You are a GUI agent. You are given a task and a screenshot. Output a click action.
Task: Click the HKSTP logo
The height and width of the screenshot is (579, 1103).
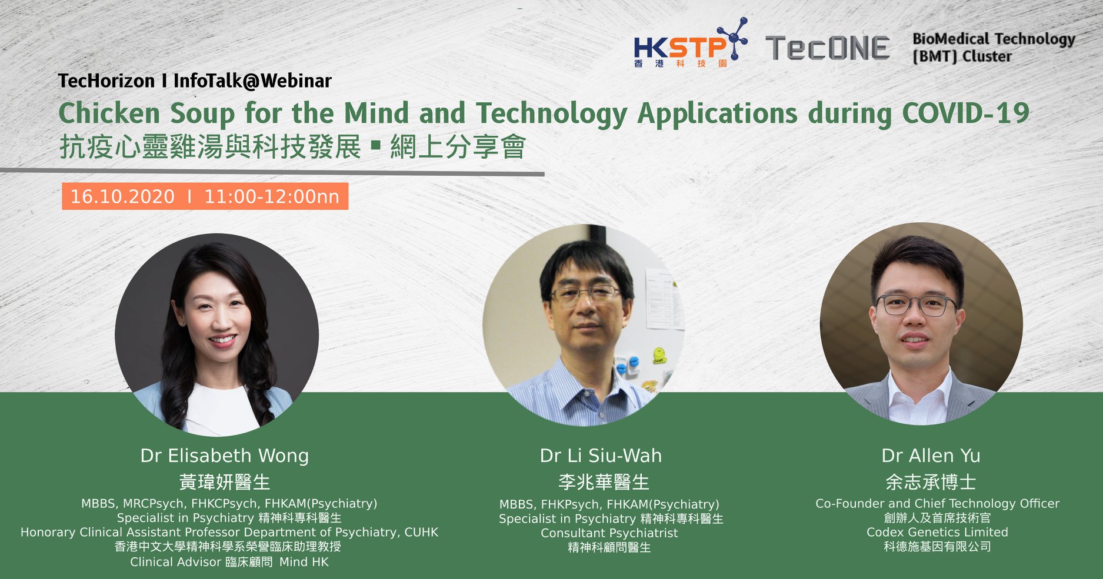[x=691, y=43]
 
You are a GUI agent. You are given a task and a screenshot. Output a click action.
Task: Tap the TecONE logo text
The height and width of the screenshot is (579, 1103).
[x=827, y=48]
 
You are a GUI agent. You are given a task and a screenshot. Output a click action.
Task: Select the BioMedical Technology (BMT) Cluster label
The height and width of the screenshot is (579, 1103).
[x=994, y=47]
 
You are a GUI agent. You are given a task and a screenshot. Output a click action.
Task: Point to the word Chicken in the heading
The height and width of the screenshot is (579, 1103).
[x=109, y=113]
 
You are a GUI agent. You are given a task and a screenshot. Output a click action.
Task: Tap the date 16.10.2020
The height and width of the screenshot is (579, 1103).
[x=122, y=196]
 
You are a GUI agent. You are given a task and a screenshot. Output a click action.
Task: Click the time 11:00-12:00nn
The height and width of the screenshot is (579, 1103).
[x=272, y=196]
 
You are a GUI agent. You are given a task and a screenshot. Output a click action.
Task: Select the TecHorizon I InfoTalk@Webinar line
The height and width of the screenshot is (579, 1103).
[x=195, y=81]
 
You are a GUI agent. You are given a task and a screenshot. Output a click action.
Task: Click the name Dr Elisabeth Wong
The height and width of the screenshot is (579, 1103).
[x=224, y=456]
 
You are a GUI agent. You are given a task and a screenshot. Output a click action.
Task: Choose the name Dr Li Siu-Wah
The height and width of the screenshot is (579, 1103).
[x=601, y=456]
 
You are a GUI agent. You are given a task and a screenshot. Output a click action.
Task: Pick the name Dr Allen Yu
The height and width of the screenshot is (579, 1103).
[x=931, y=456]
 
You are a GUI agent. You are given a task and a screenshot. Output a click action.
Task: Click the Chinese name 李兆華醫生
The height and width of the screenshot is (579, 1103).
[x=604, y=482]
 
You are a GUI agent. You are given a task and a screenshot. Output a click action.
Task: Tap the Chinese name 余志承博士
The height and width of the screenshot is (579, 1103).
[x=931, y=482]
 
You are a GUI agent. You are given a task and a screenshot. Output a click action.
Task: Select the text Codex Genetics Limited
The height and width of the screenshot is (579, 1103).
[x=937, y=532]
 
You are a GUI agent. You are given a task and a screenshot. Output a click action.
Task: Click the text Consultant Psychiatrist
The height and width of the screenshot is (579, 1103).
[x=609, y=533]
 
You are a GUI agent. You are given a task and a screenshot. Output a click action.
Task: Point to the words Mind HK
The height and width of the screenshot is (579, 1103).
[x=304, y=562]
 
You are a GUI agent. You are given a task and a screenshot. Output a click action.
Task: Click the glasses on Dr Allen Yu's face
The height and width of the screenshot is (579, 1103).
[x=916, y=305]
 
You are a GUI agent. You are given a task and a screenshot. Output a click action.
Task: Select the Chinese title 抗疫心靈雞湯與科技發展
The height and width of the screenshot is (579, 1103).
[x=210, y=147]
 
